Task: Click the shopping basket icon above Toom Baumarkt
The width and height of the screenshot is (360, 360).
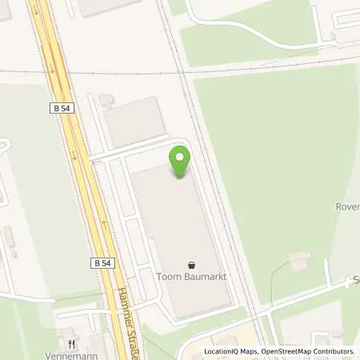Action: pos(191,265)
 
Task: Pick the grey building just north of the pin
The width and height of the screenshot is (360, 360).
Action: pos(135,121)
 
